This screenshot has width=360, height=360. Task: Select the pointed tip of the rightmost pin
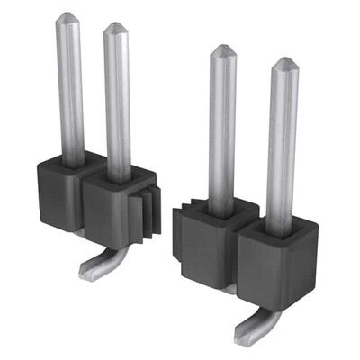(283, 63)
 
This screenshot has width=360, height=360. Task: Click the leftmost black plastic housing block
(56, 193)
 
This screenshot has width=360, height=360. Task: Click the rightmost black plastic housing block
(270, 265)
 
